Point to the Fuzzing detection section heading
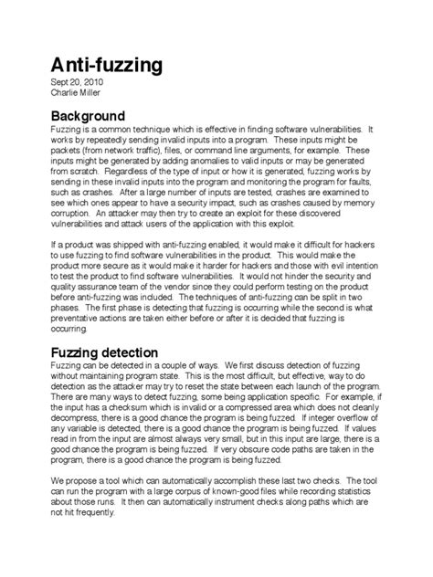[104, 351]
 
